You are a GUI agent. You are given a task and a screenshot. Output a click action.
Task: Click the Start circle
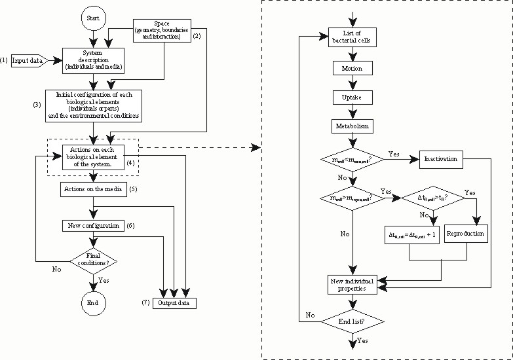(94, 19)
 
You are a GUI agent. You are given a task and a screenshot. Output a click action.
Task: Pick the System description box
(94, 60)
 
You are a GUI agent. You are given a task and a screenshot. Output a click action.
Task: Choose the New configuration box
(92, 225)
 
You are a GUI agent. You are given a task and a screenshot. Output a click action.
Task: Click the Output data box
(174, 303)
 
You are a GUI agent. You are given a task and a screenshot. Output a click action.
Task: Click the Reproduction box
(465, 233)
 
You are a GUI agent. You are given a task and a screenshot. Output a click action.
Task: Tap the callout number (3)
(37, 105)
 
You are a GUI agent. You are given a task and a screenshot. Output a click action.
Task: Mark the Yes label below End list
(362, 341)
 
